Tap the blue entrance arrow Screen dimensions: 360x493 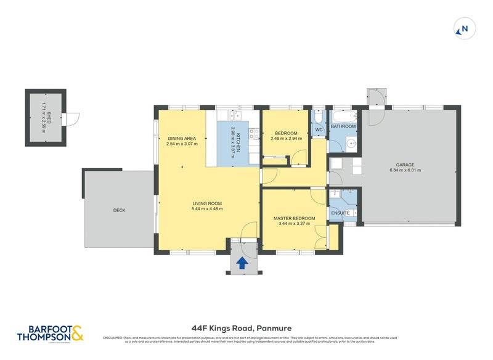coord(242,263)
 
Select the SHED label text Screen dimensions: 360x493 coord(49,117)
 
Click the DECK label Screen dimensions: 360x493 coord(119,210)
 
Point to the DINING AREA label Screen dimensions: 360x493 coord(182,138)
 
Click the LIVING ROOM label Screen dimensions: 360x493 coord(207,203)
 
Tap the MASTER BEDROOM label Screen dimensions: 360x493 coord(294,218)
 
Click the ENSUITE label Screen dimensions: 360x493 coord(340,213)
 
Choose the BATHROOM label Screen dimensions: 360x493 coord(343,126)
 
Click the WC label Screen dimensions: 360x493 coord(319,130)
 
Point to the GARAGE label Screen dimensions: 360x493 coord(405,165)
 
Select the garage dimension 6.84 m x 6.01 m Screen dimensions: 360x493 coord(405,170)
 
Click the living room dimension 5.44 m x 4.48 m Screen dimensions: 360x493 coord(207,209)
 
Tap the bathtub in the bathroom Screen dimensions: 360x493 coord(344,116)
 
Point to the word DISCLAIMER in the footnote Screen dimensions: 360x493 coord(113,337)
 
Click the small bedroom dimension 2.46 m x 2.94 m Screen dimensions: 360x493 coord(286,139)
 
